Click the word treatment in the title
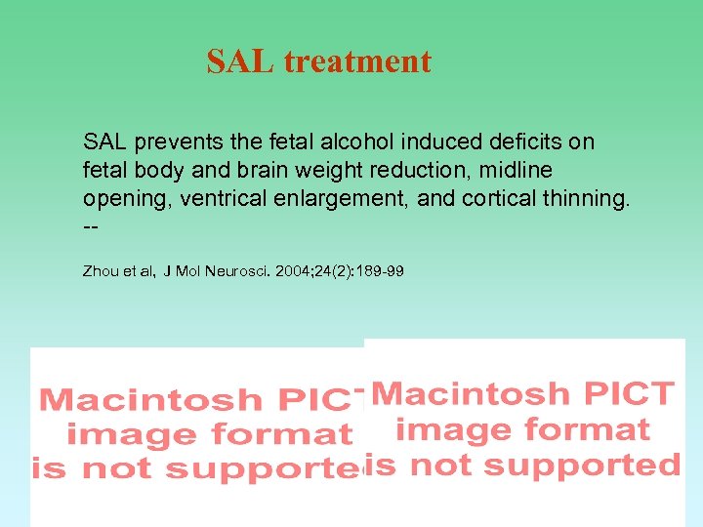click(x=357, y=62)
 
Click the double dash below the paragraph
click(x=92, y=227)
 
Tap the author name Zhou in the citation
click(x=102, y=269)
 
